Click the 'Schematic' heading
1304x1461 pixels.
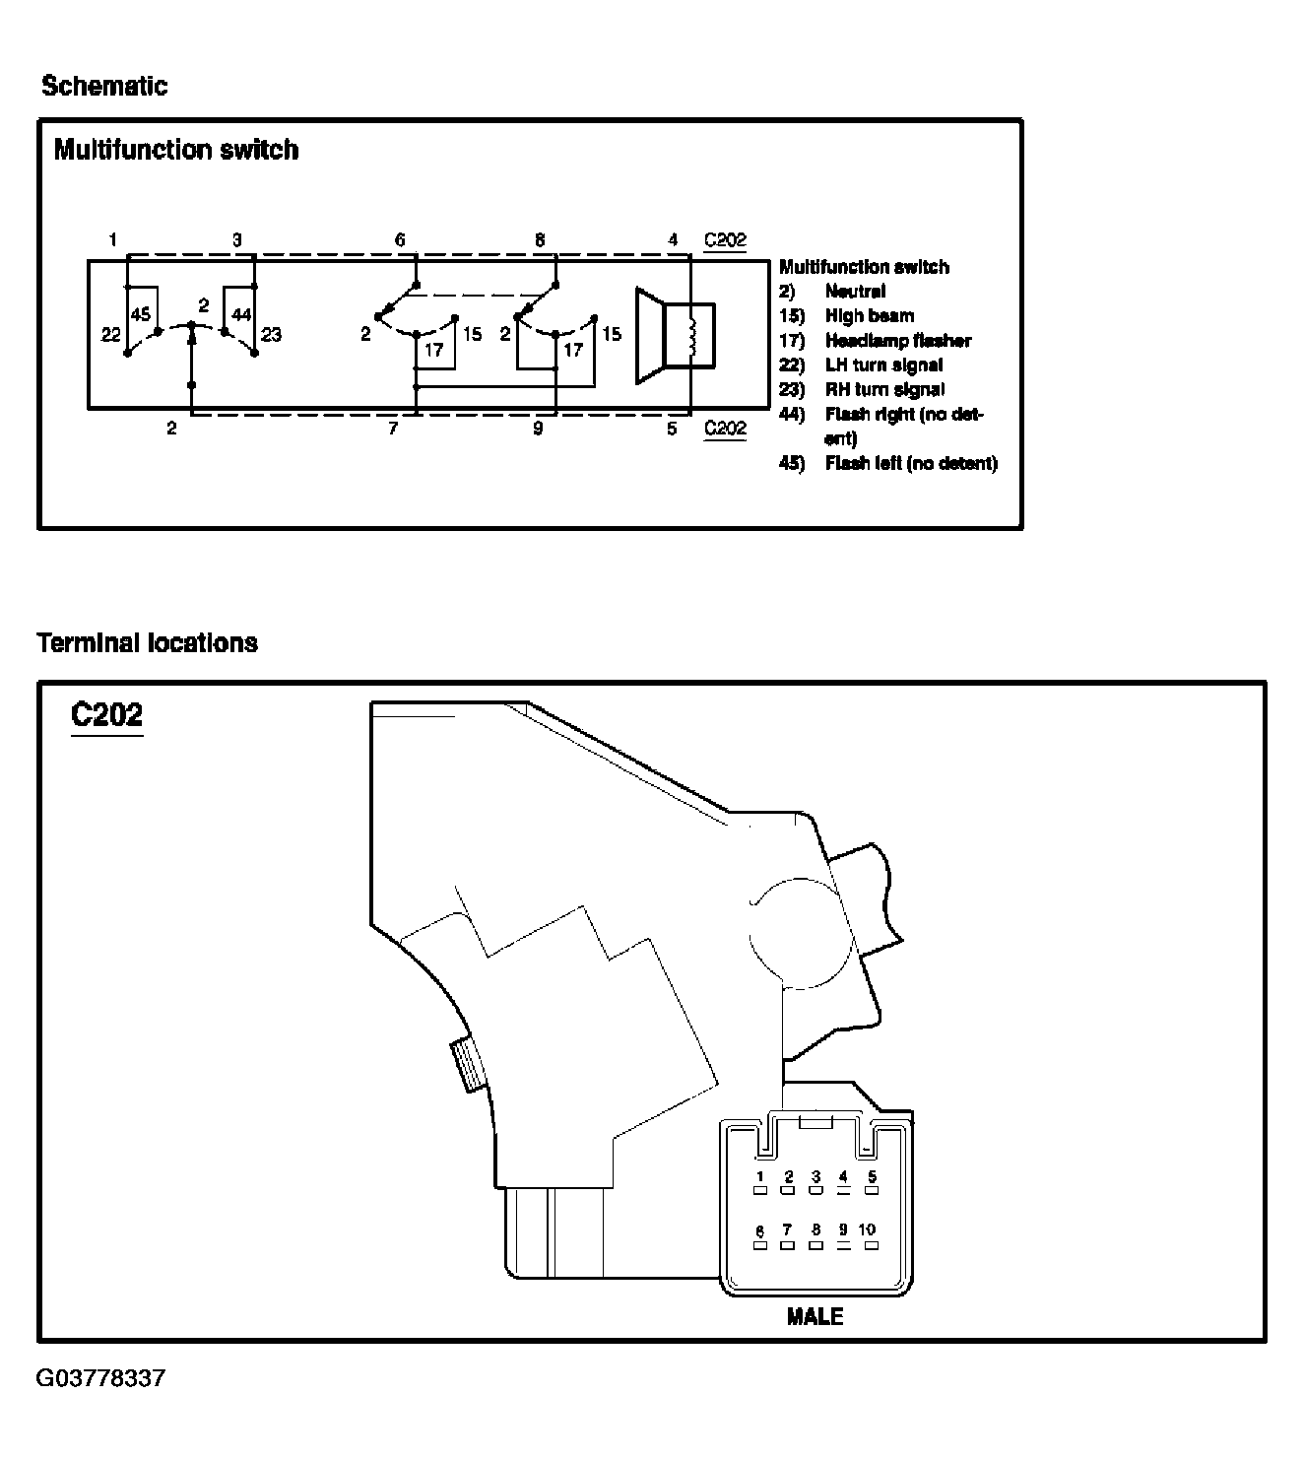tap(104, 87)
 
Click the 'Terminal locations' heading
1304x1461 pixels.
tap(147, 643)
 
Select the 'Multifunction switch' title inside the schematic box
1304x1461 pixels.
tap(176, 150)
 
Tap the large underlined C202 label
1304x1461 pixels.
tap(106, 714)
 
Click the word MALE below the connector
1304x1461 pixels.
tap(815, 1316)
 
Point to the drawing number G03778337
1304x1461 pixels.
tap(100, 1377)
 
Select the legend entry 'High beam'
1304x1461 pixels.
tap(869, 316)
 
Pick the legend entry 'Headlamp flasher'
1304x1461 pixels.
tap(897, 341)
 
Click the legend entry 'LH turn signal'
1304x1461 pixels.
tap(883, 365)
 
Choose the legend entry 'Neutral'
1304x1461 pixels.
tap(855, 292)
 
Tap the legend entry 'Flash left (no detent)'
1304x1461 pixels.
tap(910, 463)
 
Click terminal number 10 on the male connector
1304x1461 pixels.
tap(867, 1230)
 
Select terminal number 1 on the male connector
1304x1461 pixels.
tap(760, 1177)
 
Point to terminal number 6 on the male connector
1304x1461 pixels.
tap(759, 1231)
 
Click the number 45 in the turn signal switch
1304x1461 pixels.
tap(141, 315)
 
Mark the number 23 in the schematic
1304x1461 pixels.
tap(272, 335)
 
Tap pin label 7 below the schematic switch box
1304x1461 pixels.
tap(392, 430)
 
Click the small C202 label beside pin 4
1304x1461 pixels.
tap(725, 239)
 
